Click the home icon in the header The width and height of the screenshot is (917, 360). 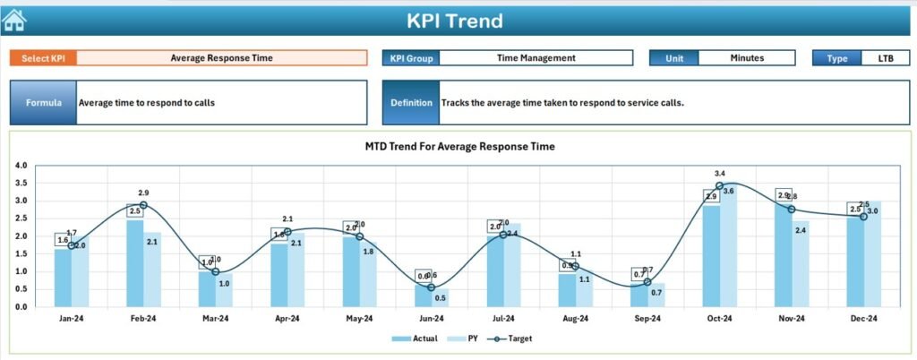coord(14,19)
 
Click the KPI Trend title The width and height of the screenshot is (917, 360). coord(454,21)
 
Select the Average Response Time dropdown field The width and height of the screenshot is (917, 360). coord(221,58)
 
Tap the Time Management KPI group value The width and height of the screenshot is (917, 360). coord(536,58)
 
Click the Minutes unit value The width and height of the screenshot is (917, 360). coord(746,58)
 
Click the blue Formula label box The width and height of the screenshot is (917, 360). coord(43,103)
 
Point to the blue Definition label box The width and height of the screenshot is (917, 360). coord(411,103)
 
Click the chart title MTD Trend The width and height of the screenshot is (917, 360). coord(459,146)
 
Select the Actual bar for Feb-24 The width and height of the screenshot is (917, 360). coord(134,263)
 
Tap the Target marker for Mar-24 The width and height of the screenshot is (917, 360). coord(215,271)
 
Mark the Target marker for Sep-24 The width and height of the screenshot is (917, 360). coord(647,281)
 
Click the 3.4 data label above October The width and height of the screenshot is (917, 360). coord(720,173)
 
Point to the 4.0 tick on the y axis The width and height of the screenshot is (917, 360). coord(22,166)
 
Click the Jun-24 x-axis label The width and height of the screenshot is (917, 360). coord(432,318)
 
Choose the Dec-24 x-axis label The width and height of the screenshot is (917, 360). coord(863,318)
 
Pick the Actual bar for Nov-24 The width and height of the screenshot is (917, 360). coord(783,255)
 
